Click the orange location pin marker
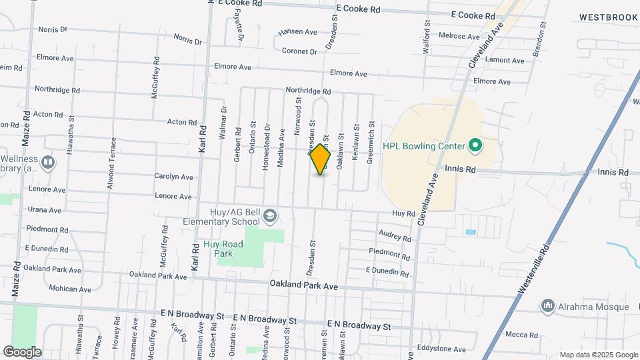320,159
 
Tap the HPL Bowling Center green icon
475,145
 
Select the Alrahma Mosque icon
548,306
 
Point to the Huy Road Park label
223,249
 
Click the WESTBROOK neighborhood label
608,17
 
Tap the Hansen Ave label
297,31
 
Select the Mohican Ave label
70,289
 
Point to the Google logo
22,351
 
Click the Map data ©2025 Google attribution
598,355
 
